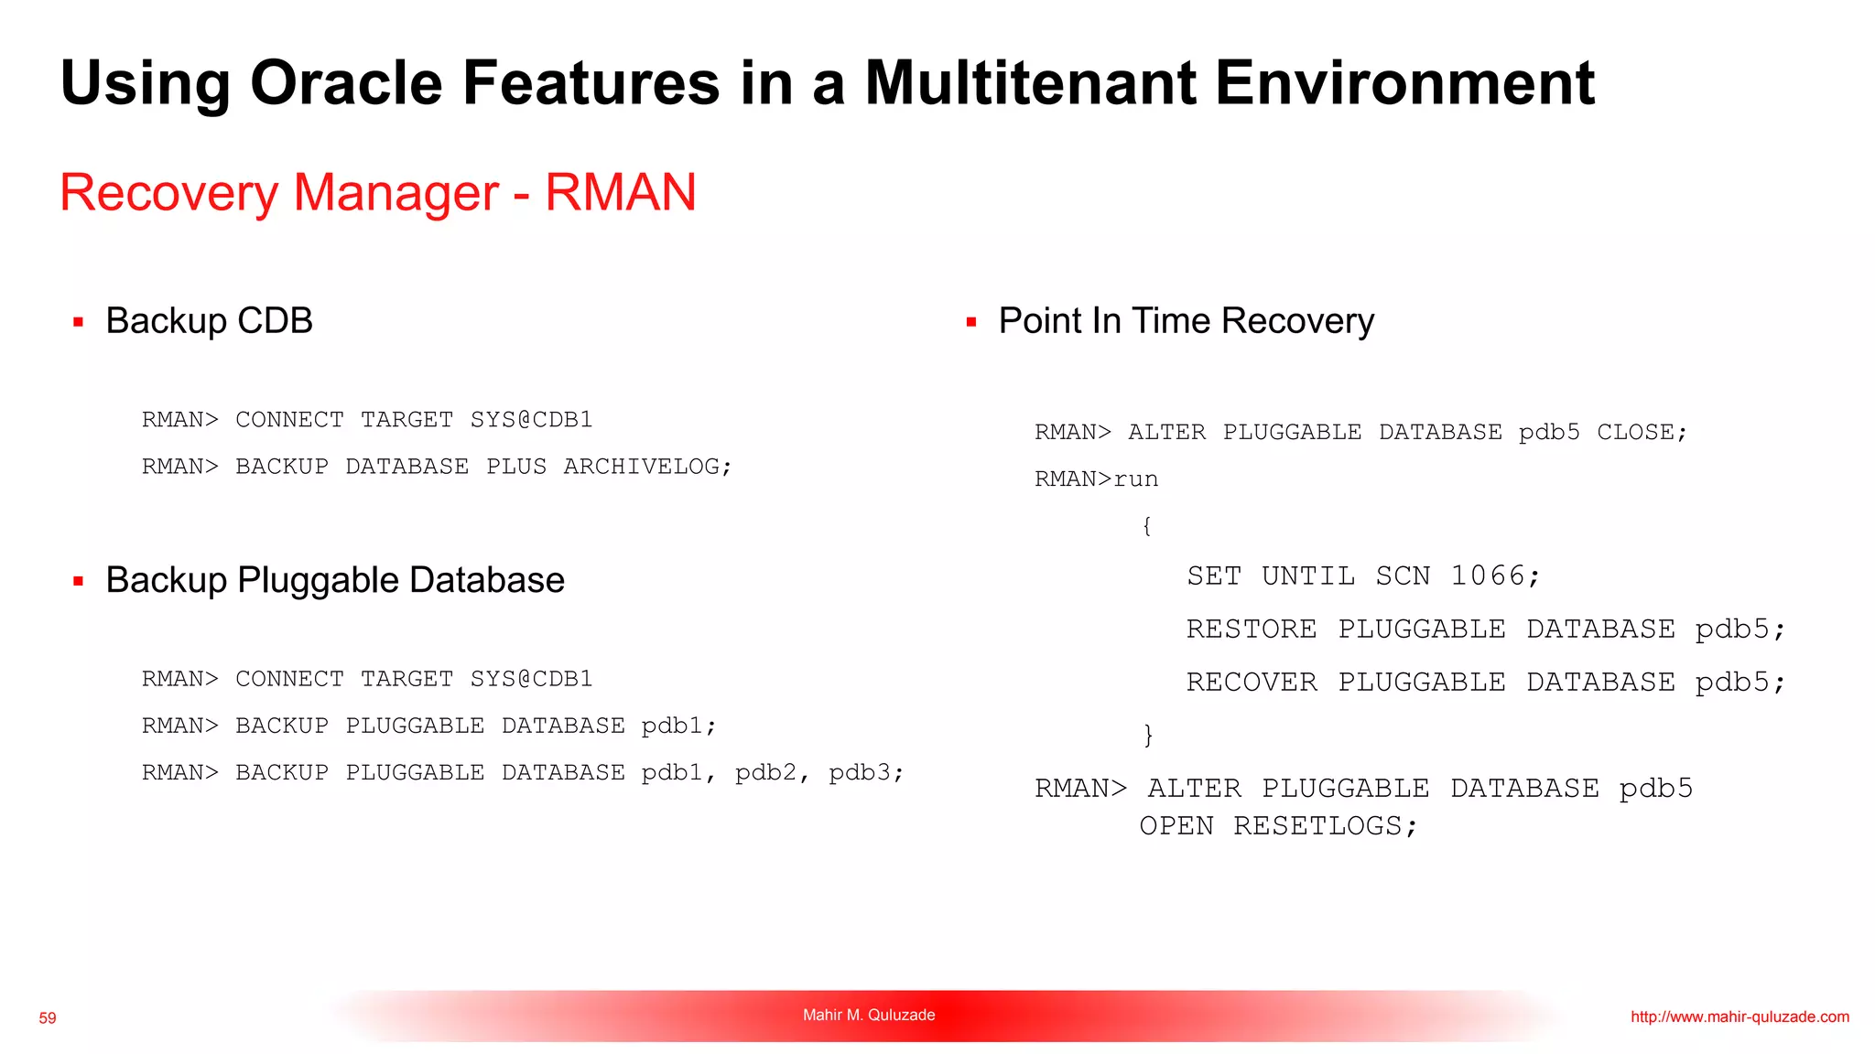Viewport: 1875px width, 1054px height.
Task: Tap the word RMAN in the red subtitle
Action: point(621,192)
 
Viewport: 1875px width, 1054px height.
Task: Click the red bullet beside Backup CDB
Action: point(79,322)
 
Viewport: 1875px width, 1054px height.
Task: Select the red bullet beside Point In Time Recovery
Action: point(971,322)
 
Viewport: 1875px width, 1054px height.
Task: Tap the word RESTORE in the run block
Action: point(1251,629)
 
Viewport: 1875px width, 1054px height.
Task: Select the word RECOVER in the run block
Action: point(1251,683)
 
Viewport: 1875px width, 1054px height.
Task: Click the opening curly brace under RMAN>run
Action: point(1146,526)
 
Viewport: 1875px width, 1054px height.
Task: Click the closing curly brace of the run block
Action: point(1148,735)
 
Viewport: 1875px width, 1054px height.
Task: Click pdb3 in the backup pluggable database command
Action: point(860,773)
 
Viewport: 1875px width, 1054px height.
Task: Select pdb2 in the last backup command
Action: point(765,773)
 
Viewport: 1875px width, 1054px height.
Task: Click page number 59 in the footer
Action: point(48,1018)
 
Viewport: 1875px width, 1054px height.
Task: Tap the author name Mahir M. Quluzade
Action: point(869,1015)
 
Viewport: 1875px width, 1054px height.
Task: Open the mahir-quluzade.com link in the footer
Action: point(1740,1016)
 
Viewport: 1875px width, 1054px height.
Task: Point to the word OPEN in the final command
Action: point(1176,826)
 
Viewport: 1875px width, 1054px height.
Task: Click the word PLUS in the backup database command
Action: point(516,467)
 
